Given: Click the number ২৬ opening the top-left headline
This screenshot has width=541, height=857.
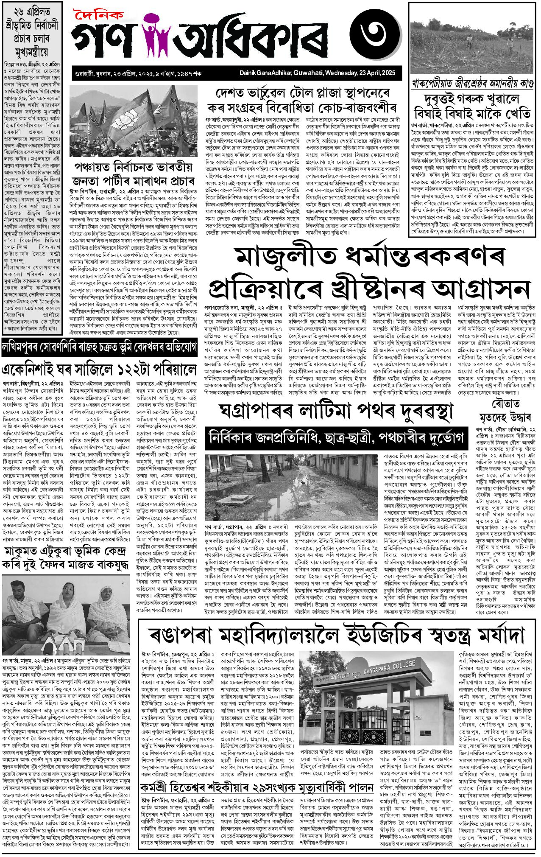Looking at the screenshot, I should (13, 11).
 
